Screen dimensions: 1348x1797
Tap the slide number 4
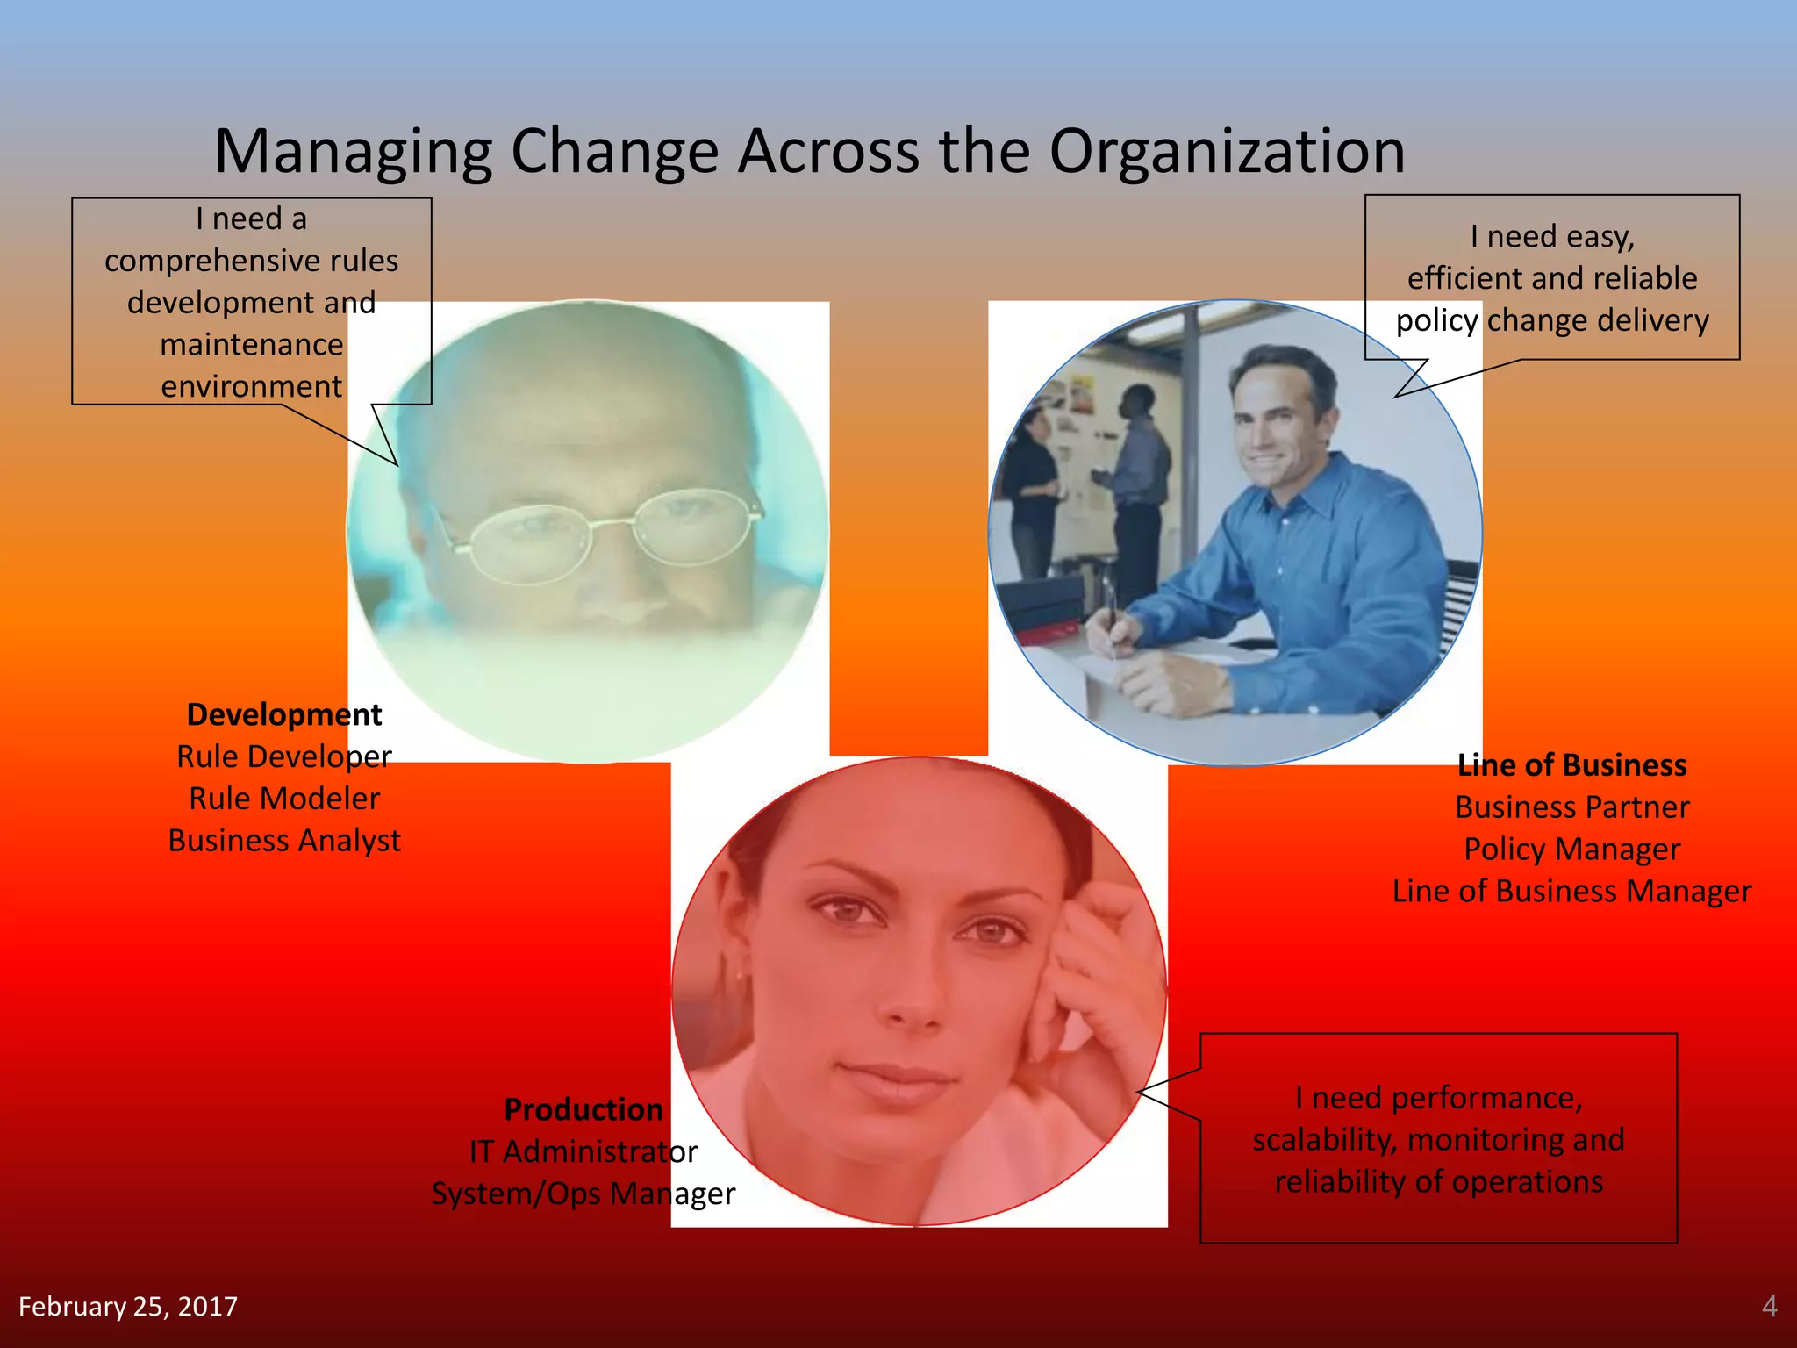click(x=1769, y=1306)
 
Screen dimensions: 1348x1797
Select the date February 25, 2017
click(x=128, y=1307)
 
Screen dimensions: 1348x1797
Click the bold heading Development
click(x=284, y=714)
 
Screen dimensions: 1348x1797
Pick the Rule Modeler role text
click(x=284, y=799)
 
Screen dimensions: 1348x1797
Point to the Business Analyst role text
click(x=284, y=841)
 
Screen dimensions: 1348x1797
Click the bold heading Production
click(x=583, y=1109)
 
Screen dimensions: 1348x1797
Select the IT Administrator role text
click(x=583, y=1151)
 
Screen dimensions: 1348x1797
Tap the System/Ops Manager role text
click(x=583, y=1194)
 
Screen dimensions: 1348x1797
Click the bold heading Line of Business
click(x=1571, y=765)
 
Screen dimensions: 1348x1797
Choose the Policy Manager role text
click(x=1571, y=850)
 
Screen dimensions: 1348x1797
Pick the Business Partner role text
click(x=1571, y=807)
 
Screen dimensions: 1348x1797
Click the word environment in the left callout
click(x=251, y=386)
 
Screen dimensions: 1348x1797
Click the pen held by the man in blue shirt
click(x=1110, y=614)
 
